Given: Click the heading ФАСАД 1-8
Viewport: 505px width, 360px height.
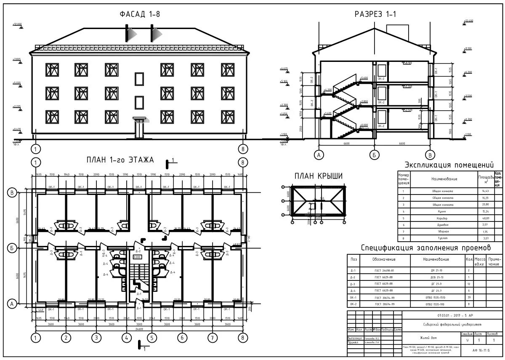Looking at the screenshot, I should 140,15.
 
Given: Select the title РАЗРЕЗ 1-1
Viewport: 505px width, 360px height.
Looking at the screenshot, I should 376,15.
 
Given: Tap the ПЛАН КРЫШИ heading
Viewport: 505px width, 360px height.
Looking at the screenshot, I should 318,176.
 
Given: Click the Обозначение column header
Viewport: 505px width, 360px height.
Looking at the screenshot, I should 384,259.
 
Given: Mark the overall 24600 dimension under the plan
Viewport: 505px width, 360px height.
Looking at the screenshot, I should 139,329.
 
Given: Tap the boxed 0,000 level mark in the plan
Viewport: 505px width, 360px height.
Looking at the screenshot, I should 137,256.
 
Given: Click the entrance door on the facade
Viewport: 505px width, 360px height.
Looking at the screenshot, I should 139,130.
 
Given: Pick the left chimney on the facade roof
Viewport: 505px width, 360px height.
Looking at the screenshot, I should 127,32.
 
